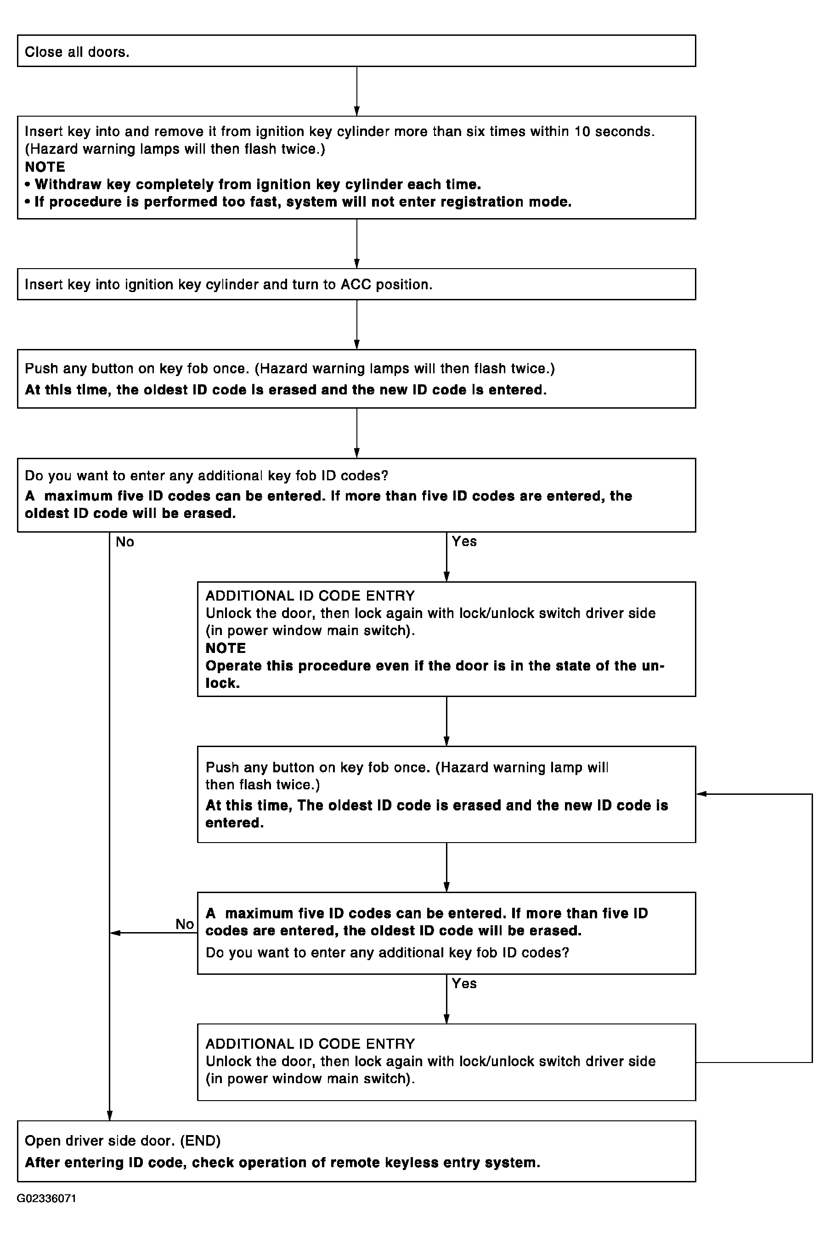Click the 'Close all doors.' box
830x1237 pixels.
pos(356,51)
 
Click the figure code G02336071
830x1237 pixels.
pos(46,1198)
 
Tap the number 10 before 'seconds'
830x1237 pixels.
pos(582,131)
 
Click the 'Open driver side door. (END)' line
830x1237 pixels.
pos(123,1141)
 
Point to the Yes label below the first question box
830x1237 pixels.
pos(464,541)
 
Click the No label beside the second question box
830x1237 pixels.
pos(185,924)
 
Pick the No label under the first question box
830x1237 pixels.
pos(125,542)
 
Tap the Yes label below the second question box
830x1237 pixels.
pos(464,983)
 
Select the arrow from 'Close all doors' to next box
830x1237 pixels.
pos(357,91)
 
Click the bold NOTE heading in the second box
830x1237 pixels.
pos(45,167)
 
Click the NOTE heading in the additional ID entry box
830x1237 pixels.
pos(226,648)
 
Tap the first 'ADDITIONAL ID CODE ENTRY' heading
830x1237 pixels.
pos(310,596)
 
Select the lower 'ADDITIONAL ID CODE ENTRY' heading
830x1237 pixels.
pos(310,1044)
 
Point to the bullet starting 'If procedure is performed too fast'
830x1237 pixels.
pos(299,202)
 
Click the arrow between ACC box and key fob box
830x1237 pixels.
pos(357,324)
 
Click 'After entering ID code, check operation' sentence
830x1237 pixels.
pos(282,1163)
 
